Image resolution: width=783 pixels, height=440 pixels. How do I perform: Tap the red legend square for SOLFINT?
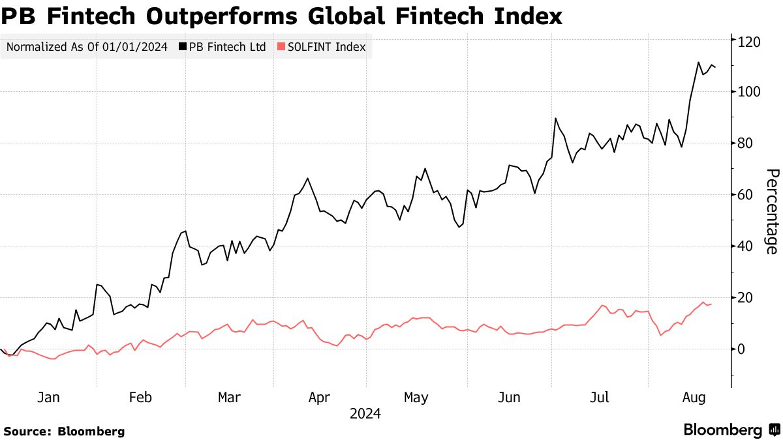[281, 47]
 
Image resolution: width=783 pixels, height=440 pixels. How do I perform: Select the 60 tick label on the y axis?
[746, 195]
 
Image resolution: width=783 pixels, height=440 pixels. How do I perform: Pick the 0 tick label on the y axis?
[742, 349]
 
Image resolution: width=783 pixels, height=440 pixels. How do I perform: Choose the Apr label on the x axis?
[320, 398]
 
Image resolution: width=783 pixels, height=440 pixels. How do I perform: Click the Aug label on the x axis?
[694, 398]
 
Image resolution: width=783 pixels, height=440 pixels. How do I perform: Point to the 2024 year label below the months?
[365, 414]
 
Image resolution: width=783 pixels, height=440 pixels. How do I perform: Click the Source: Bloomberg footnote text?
[63, 431]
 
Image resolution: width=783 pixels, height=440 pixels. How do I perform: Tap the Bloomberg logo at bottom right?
[731, 430]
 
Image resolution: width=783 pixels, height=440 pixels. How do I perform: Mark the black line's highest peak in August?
[698, 63]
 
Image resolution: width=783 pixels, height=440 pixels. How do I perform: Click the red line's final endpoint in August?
[711, 304]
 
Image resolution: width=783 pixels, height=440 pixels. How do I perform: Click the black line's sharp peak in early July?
[555, 119]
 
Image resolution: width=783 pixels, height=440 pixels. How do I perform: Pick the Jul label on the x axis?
[600, 398]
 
